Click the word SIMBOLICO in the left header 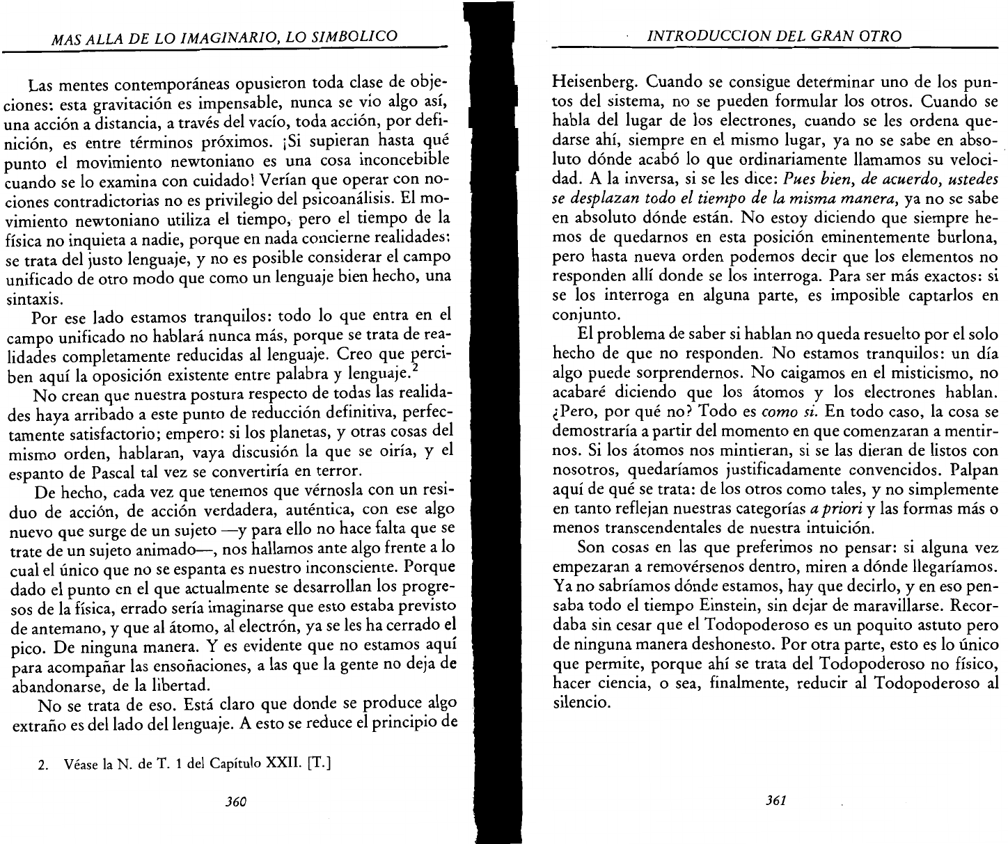[357, 36]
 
